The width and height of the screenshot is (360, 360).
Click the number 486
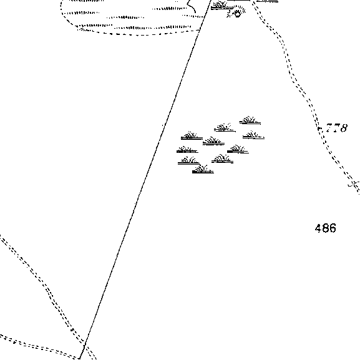coord(326,228)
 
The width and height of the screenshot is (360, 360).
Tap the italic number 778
coord(336,128)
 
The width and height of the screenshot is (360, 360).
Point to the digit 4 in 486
coord(318,228)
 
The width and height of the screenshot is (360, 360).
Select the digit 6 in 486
coord(333,228)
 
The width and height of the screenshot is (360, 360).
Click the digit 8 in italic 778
coord(343,128)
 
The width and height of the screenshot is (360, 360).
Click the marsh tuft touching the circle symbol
coord(221,6)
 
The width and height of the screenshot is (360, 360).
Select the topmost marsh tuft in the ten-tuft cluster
coord(250,120)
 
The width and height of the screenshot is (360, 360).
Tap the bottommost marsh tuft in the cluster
coord(203,170)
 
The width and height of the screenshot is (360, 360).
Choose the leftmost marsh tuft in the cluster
coord(187,150)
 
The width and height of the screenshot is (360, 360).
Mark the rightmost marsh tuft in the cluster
coord(253,135)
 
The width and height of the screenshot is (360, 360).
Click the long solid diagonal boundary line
coord(145,179)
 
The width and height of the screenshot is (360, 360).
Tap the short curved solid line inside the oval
coord(192,6)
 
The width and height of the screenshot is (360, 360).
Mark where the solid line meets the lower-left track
coord(84,345)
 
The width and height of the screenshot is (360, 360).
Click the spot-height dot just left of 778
coord(319,129)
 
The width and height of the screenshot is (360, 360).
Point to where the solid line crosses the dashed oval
coord(200,30)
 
